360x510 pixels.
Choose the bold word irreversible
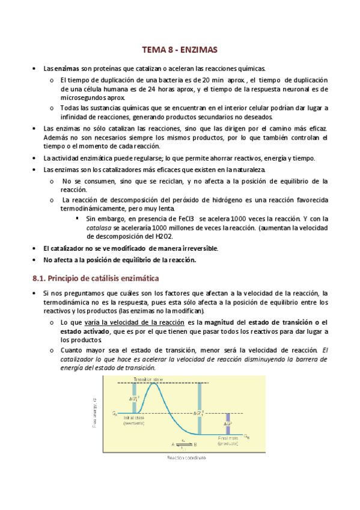click(x=197, y=248)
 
